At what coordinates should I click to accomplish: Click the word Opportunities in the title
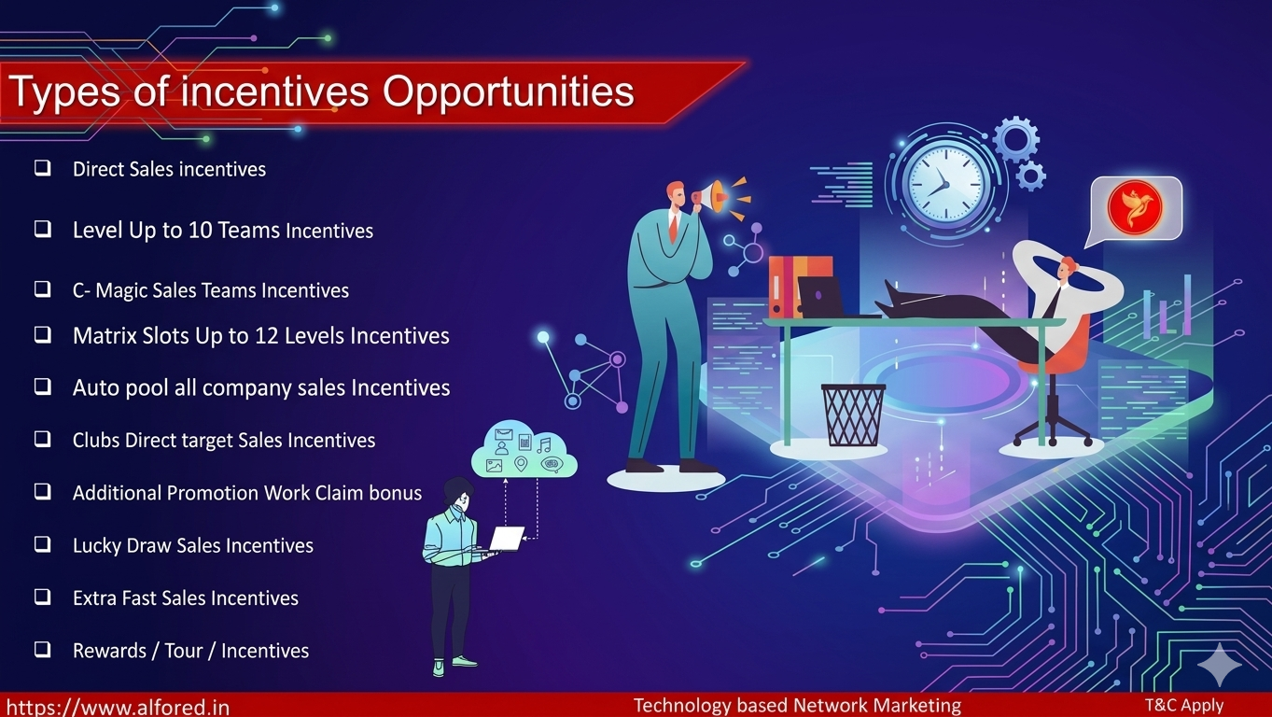tap(509, 92)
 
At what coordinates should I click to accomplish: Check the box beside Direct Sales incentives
tap(43, 168)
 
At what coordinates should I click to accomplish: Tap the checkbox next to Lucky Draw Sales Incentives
tap(43, 544)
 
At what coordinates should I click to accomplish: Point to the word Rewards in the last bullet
tap(109, 651)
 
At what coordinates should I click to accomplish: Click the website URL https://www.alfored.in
tap(118, 708)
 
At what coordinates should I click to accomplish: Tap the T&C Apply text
tap(1184, 705)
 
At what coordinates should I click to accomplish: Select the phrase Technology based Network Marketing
tap(797, 706)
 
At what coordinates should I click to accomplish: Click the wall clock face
tap(945, 183)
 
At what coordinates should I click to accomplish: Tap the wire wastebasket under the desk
tap(853, 415)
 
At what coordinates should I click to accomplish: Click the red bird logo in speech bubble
tap(1135, 208)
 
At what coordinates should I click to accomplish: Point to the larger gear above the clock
tap(1016, 139)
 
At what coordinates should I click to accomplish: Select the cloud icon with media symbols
tap(524, 449)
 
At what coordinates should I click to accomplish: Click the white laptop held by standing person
tap(507, 539)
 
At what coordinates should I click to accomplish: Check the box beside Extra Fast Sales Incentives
tap(43, 597)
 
